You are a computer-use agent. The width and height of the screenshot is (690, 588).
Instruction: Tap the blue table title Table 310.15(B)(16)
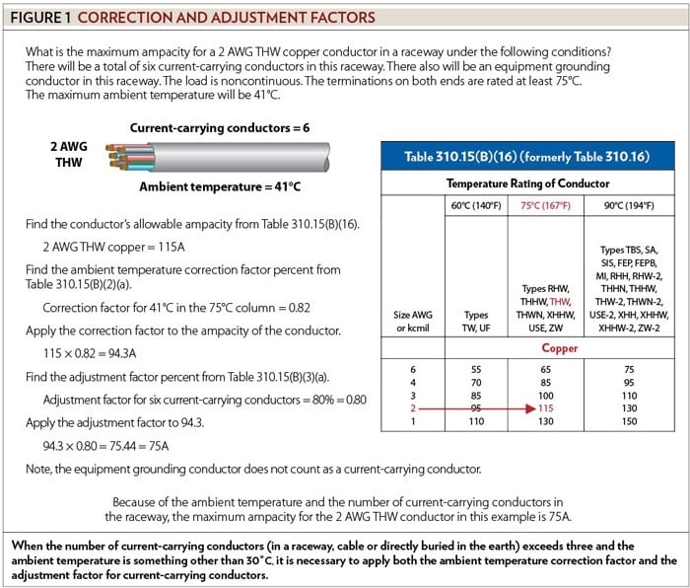click(519, 157)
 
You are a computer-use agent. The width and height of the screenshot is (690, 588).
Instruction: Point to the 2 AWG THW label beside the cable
click(69, 154)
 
